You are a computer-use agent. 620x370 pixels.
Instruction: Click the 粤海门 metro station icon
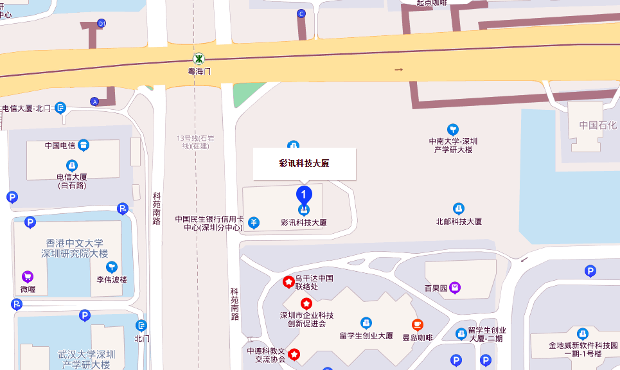tap(199, 58)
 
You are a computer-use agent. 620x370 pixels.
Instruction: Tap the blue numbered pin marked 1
tap(304, 194)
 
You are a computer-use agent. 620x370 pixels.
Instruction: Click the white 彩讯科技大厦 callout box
tap(304, 164)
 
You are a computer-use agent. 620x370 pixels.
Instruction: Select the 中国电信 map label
tap(60, 145)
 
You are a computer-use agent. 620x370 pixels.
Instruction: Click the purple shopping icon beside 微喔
tap(28, 277)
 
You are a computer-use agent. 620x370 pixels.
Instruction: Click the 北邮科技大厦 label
tap(459, 221)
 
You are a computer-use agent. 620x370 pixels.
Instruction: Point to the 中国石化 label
tap(598, 125)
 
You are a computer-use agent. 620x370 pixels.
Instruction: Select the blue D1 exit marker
tap(101, 24)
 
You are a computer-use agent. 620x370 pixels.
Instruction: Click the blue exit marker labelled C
tap(301, 13)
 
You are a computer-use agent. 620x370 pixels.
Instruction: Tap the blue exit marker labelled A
tap(95, 101)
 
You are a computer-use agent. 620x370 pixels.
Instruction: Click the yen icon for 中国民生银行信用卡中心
tap(254, 223)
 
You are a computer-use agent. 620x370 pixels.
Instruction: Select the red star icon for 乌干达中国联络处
tap(289, 281)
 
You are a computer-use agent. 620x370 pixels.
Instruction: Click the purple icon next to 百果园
tap(455, 287)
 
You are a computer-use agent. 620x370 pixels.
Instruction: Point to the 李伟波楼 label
tap(112, 280)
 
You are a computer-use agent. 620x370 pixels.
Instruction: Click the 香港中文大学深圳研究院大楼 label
tap(71, 248)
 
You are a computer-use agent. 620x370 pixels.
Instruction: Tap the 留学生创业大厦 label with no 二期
tap(366, 335)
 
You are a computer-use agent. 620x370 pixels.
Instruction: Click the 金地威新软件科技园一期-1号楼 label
tap(583, 349)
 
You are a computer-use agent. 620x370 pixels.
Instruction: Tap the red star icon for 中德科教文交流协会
tap(294, 353)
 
